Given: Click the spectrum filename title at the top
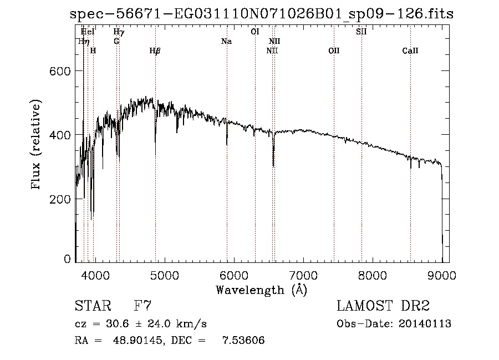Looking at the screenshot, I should coord(262,14).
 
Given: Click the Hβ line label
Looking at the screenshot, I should coord(155,51).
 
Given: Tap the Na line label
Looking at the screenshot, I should coord(226,42).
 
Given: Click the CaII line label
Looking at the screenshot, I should coord(410,51).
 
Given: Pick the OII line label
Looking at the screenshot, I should coord(334,51).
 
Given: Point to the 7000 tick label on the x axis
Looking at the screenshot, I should coord(303,275).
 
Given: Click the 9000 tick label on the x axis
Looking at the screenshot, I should coord(442,275).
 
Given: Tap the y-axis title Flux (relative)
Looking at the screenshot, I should coord(37,145).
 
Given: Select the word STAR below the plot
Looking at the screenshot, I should coord(92,306).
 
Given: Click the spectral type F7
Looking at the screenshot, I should coord(143,306).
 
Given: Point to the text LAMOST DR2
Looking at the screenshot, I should coord(383,306).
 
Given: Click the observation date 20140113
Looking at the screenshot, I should coord(425,324).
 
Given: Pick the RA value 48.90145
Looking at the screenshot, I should coord(133,340).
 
